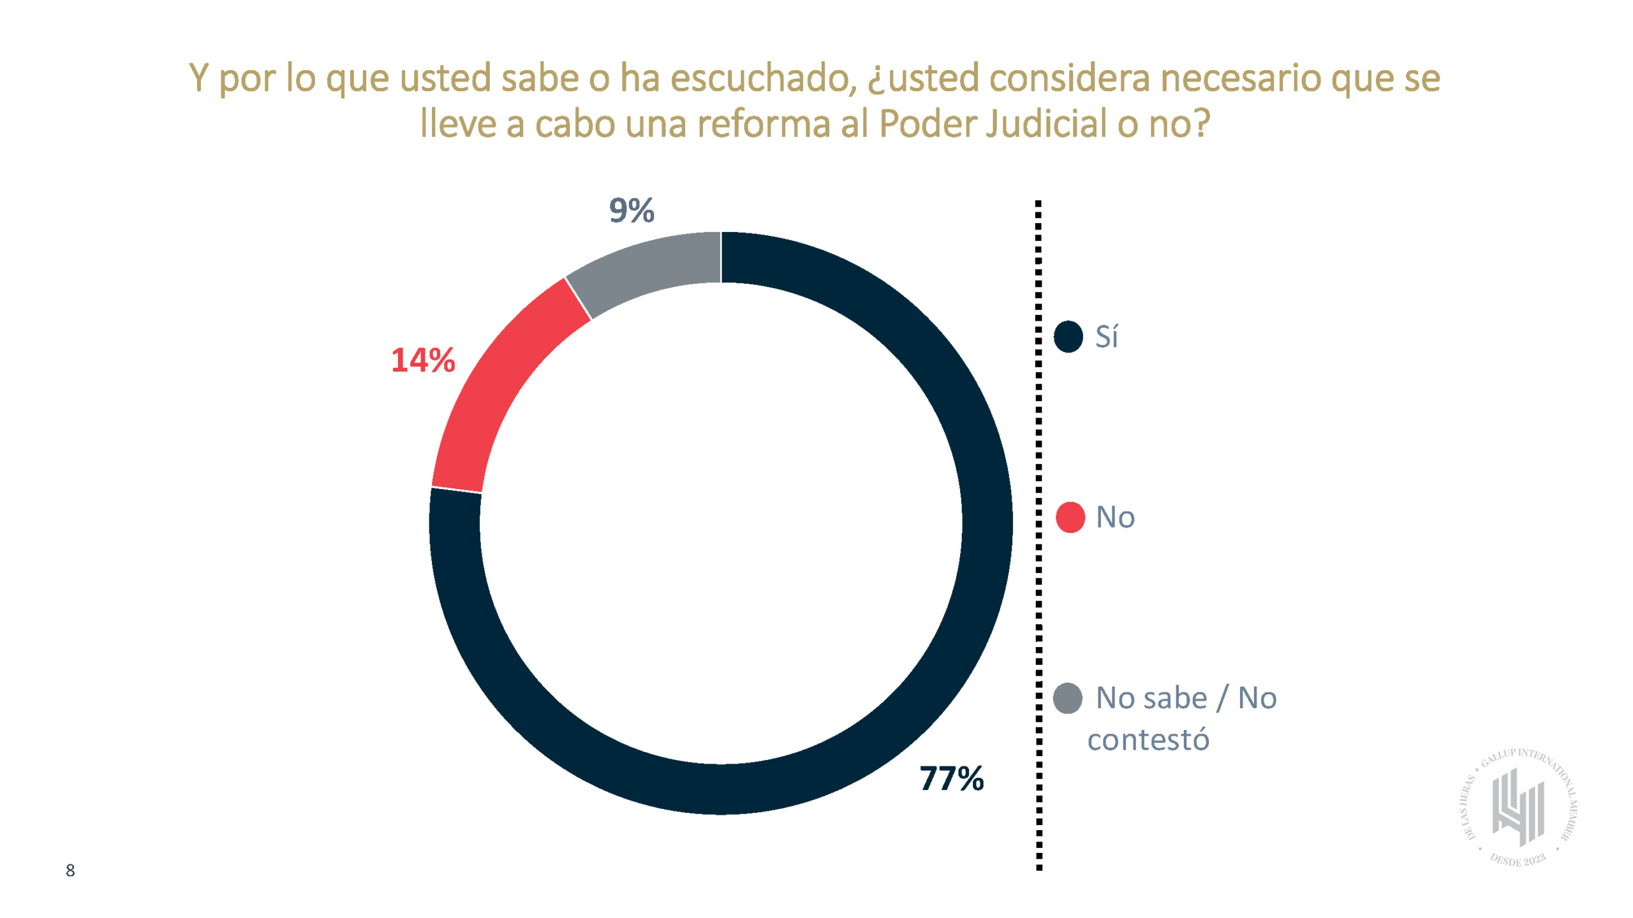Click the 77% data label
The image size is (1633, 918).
(950, 778)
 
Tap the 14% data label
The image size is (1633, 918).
(423, 360)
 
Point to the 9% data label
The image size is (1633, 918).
(631, 210)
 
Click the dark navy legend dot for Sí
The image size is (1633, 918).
(1068, 337)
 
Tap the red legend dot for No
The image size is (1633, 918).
(1070, 517)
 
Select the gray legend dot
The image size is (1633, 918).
(1067, 698)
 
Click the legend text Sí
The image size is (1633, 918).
(1107, 337)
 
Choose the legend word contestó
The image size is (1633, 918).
(1148, 740)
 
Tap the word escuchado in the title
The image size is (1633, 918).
(763, 78)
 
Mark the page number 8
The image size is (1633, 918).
(70, 871)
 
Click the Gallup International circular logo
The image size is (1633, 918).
(1518, 807)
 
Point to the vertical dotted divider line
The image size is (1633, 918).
(1038, 535)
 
